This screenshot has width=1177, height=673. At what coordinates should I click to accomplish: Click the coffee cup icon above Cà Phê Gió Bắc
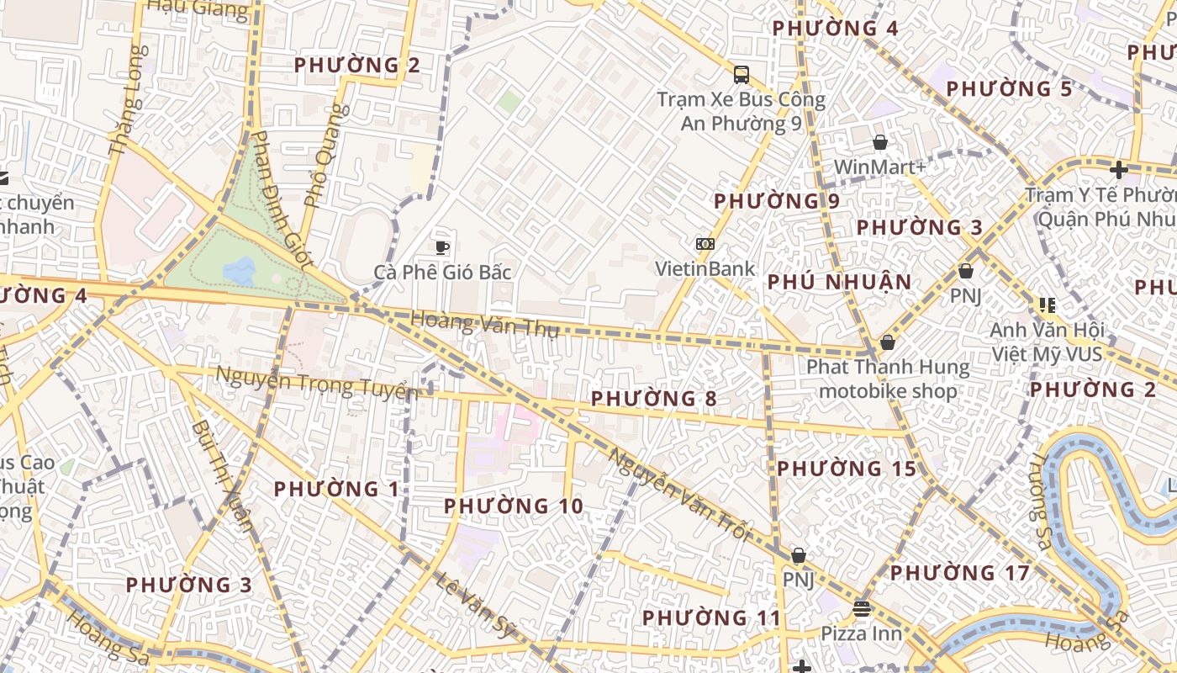[x=442, y=246]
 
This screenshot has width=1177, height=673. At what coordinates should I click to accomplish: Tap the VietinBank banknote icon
[x=705, y=244]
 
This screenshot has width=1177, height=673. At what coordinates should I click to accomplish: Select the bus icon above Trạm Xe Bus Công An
[x=741, y=74]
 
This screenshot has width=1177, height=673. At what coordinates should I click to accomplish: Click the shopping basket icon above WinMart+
[x=879, y=142]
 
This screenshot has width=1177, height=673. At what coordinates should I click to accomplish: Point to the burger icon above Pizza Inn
[x=861, y=608]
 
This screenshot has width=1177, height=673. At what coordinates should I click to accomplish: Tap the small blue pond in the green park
[x=240, y=271]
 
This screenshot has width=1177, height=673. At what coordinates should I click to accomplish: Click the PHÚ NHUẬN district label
[x=839, y=283]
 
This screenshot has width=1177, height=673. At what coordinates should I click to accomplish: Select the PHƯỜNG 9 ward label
[x=776, y=202]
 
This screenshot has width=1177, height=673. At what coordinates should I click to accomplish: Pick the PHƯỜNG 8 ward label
[x=653, y=399]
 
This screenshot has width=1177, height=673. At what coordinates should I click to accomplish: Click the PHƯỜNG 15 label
[x=846, y=469]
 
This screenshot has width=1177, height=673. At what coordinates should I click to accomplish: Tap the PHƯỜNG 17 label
[x=959, y=574]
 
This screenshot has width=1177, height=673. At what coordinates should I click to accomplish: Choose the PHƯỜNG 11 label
[x=711, y=618]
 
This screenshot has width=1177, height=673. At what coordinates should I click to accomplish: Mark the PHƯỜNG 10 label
[x=513, y=506]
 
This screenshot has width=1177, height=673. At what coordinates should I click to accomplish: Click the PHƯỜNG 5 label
[x=1009, y=89]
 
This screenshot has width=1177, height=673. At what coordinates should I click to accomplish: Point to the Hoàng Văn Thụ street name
[x=484, y=324]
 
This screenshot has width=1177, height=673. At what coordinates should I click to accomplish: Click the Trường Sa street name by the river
[x=1041, y=501]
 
